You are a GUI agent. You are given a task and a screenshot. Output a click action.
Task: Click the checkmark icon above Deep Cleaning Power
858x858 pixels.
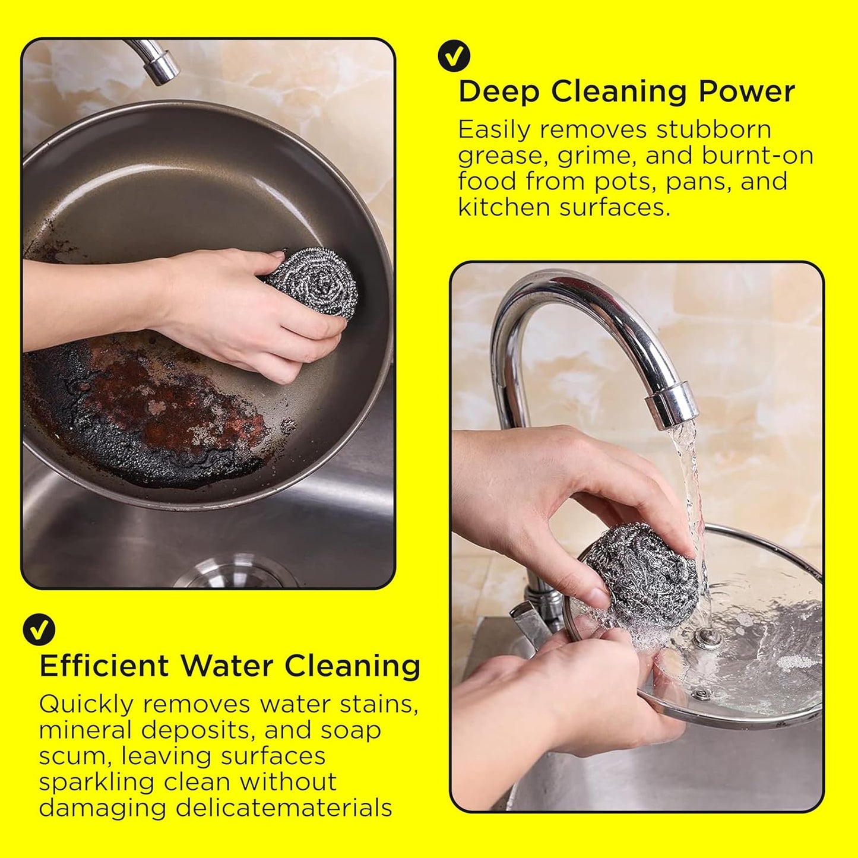pos(454,56)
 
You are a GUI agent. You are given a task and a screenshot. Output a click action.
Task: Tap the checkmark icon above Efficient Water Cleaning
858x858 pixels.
pos(39,629)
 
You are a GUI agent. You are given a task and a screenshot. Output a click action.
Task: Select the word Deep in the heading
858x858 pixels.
pos(498,92)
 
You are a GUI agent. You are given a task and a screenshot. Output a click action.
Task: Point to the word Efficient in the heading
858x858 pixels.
pos(105,666)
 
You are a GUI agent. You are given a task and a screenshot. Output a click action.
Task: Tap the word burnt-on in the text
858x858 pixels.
pos(758,156)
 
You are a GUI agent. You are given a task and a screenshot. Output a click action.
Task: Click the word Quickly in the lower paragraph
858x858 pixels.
pos(86,705)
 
